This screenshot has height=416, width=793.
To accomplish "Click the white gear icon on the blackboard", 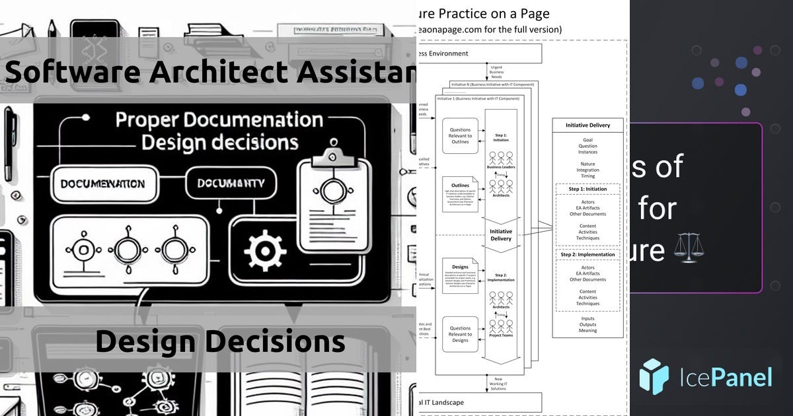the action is (265, 250).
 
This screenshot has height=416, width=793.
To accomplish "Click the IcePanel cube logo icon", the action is (654, 377).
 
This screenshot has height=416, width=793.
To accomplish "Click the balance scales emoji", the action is (688, 251).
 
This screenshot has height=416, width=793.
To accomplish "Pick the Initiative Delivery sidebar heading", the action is (587, 125).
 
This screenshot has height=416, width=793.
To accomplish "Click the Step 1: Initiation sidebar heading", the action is (587, 189).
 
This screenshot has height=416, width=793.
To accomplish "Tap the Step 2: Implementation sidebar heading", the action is (587, 254).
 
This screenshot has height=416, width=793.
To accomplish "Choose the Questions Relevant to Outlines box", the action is (460, 135).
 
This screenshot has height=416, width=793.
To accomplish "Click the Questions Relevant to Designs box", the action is (460, 333).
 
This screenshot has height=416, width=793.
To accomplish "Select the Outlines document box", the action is (460, 194).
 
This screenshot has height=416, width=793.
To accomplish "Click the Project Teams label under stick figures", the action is (500, 335).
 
